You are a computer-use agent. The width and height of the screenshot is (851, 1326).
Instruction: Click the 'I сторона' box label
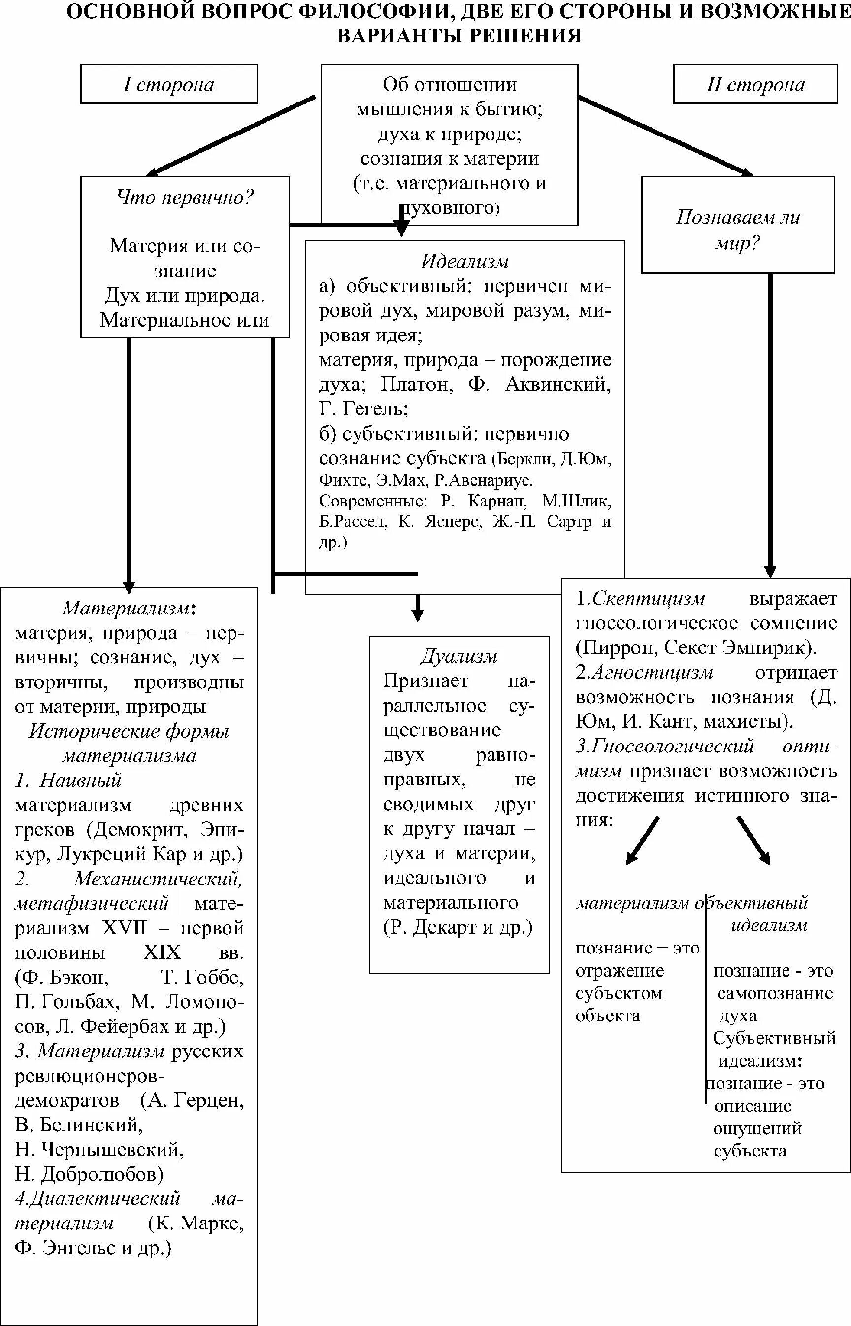click(x=168, y=85)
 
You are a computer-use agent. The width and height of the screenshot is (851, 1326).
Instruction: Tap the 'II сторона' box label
click(x=755, y=85)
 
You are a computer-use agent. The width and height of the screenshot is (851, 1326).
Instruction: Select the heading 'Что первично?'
click(x=185, y=197)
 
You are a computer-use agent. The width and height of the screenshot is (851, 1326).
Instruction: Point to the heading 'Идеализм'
click(x=465, y=261)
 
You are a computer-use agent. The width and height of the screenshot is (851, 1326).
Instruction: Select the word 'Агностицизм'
click(x=652, y=672)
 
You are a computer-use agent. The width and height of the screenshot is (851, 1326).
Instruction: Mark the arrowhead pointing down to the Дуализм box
click(x=418, y=614)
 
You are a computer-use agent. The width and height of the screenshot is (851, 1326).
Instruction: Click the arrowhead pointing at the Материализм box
click(x=129, y=586)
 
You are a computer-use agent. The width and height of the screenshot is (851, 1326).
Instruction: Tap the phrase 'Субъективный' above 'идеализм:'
click(x=774, y=1038)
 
